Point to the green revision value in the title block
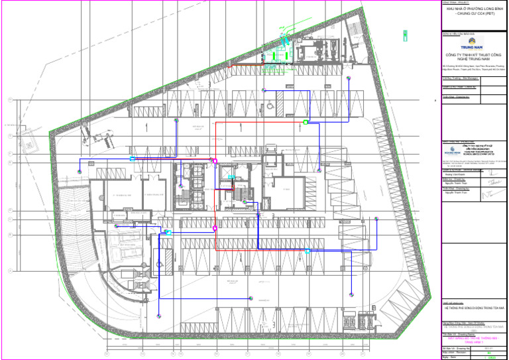(490, 353)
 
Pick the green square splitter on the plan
(306, 121)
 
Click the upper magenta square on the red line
(214, 160)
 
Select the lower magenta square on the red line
(215, 227)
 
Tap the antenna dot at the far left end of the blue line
(79, 172)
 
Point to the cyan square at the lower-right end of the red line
(308, 251)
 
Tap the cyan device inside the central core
(231, 176)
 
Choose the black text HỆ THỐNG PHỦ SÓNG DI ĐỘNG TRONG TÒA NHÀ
(474, 309)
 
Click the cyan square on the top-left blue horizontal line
(132, 159)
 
